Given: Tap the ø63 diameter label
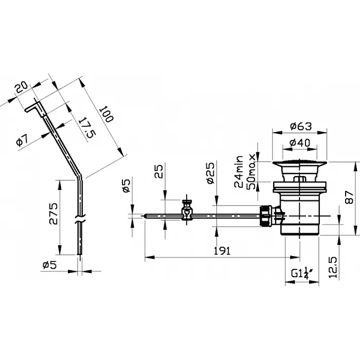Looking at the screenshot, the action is point(301,126).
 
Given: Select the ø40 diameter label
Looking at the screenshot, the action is point(300,142).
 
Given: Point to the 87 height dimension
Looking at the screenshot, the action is point(349,197).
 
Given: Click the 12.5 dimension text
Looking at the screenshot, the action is point(333,267).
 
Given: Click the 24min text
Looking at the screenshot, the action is point(239,172).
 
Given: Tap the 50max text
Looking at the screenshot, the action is point(251,171).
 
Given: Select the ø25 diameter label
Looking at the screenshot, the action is point(210,173).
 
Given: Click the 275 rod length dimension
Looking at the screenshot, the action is point(53,214).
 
